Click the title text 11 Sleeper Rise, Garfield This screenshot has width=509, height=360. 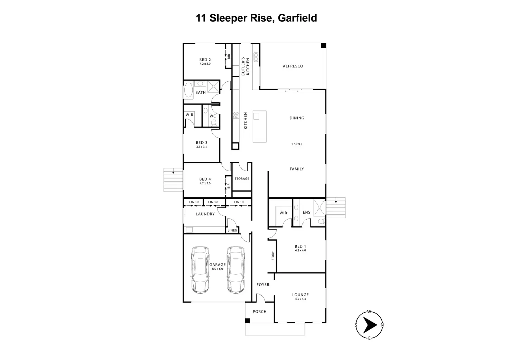[256, 18]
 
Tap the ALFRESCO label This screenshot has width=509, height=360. [293, 66]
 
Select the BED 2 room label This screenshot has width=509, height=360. [205, 60]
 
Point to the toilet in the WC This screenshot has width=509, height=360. [213, 122]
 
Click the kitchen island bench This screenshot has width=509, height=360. [260, 126]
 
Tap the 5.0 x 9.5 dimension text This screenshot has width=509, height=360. [297, 144]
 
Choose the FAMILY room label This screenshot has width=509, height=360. [297, 169]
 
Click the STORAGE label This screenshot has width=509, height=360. [242, 179]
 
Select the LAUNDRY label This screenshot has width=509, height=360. [205, 214]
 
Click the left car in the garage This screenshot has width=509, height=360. [200, 270]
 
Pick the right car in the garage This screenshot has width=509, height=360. [236, 270]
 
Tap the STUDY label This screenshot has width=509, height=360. [273, 256]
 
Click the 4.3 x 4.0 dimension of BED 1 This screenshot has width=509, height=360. [300, 250]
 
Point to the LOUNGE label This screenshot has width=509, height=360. [300, 295]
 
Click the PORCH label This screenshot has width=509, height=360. [259, 312]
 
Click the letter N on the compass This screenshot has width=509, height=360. [382, 325]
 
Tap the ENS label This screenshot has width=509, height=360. [306, 212]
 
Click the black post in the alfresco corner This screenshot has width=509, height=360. [323, 46]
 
